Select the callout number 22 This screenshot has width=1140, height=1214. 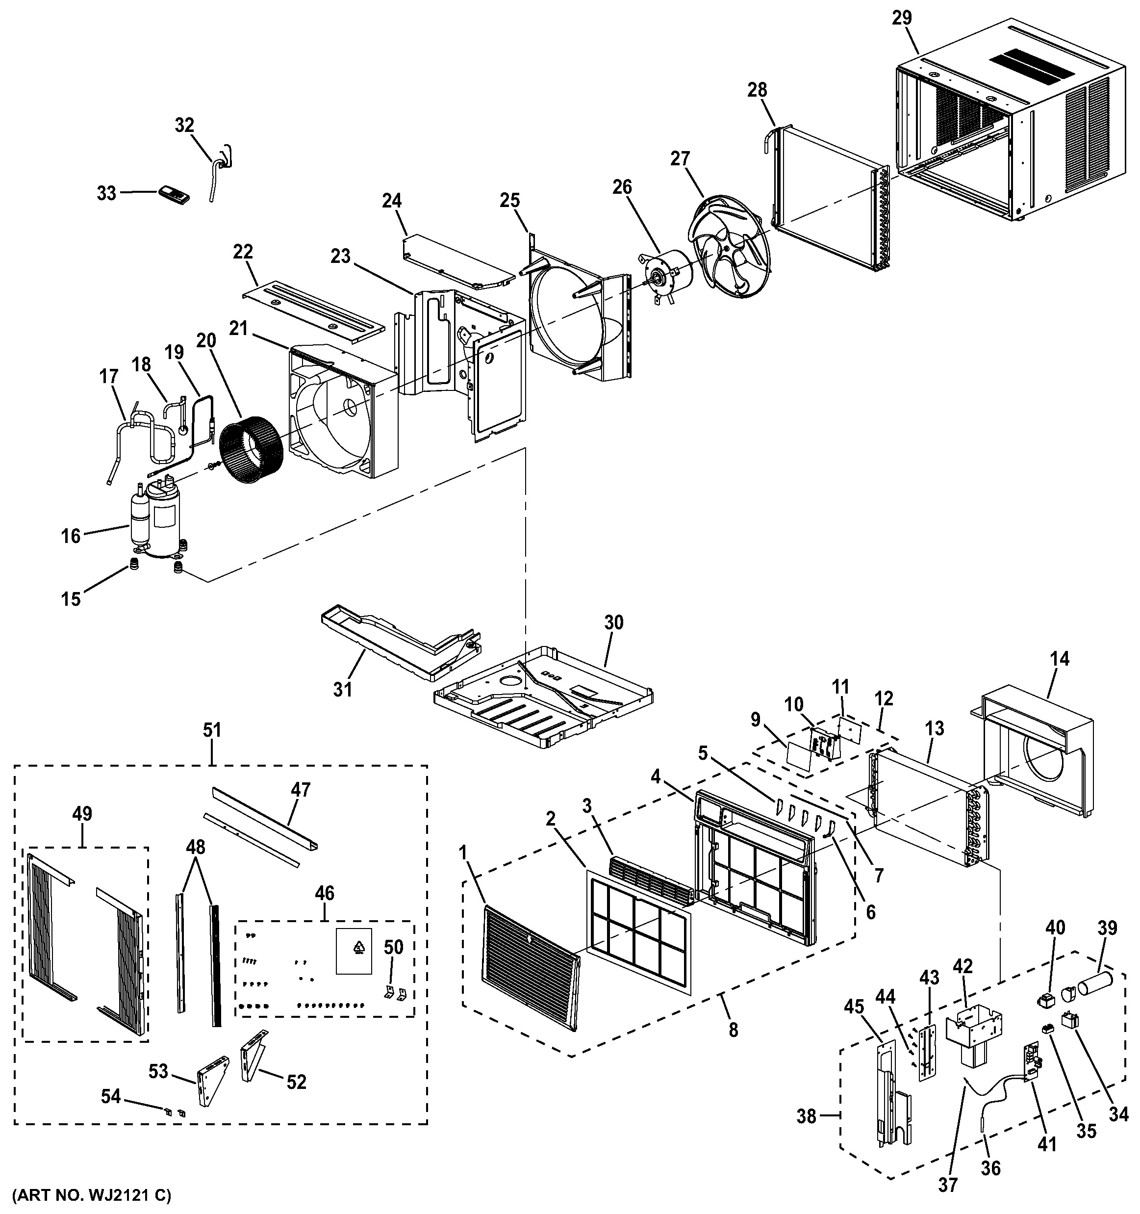[x=243, y=252]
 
